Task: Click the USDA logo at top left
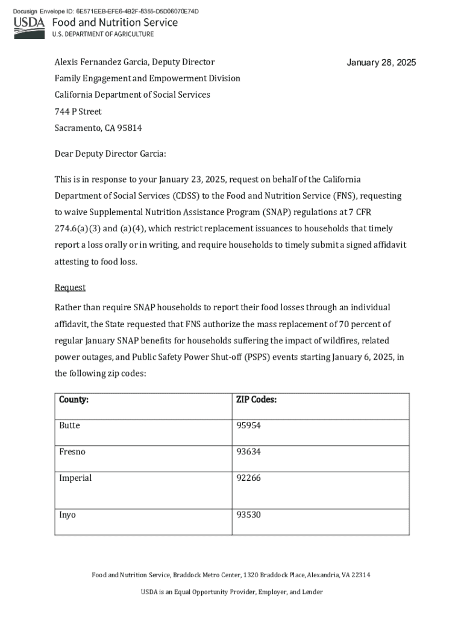[x=30, y=23]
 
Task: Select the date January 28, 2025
[x=381, y=63]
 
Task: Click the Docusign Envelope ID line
[x=106, y=11]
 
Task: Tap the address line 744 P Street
[x=78, y=111]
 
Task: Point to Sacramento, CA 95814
[x=98, y=128]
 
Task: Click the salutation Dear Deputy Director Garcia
[x=110, y=154]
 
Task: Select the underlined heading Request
[x=70, y=287]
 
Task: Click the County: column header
[x=74, y=399]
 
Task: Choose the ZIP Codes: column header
[x=257, y=399]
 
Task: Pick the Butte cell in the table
[x=69, y=425]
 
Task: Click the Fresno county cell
[x=72, y=451]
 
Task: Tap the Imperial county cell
[x=75, y=478]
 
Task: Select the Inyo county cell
[x=67, y=515]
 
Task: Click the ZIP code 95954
[x=249, y=425]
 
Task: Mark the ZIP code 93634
[x=249, y=451]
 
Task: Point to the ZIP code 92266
[x=249, y=478]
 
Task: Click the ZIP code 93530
[x=249, y=515]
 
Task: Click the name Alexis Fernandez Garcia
[x=101, y=62]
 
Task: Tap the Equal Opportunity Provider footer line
[x=231, y=592]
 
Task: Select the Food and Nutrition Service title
[x=115, y=22]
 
